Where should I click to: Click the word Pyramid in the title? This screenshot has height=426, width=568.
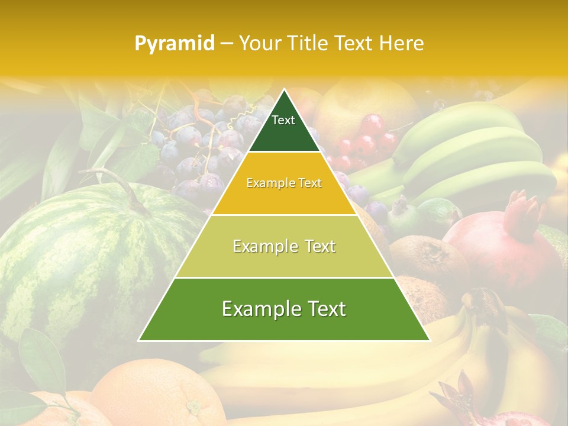[x=175, y=43]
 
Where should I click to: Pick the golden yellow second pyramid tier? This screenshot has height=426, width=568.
[x=284, y=195]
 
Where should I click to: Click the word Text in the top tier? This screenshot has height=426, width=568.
[x=283, y=120]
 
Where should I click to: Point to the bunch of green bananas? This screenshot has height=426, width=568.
[x=473, y=154]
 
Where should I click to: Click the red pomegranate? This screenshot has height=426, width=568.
[x=503, y=248]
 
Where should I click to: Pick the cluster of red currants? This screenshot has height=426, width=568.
[x=364, y=142]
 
